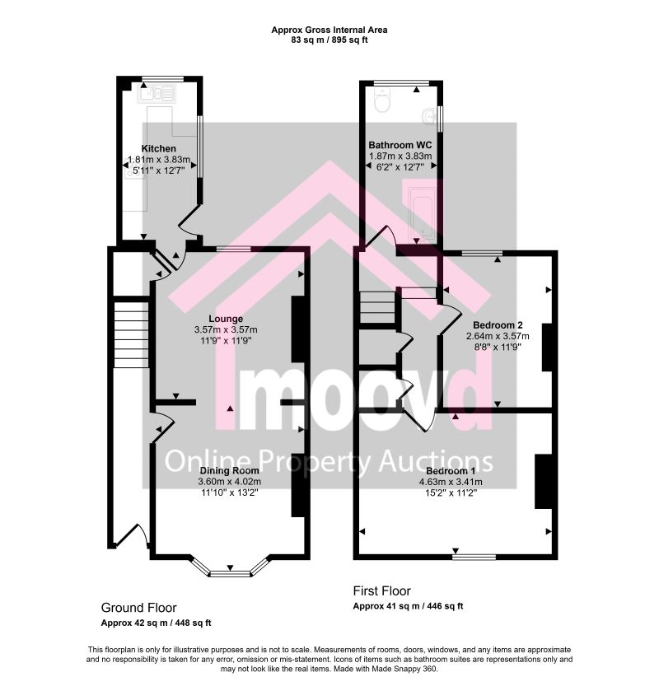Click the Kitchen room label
158,149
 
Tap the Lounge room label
226,319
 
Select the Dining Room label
229,471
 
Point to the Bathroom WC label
400,145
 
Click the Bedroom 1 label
451,471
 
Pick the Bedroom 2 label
498,325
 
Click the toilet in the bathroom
382,100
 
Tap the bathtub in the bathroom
422,214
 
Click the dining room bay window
230,568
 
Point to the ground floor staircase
132,334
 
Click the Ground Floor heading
138,608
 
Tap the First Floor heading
382,591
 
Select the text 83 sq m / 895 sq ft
329,40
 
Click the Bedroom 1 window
474,557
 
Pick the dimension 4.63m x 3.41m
451,482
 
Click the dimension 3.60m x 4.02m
229,482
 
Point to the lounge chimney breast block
298,329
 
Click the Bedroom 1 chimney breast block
543,481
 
